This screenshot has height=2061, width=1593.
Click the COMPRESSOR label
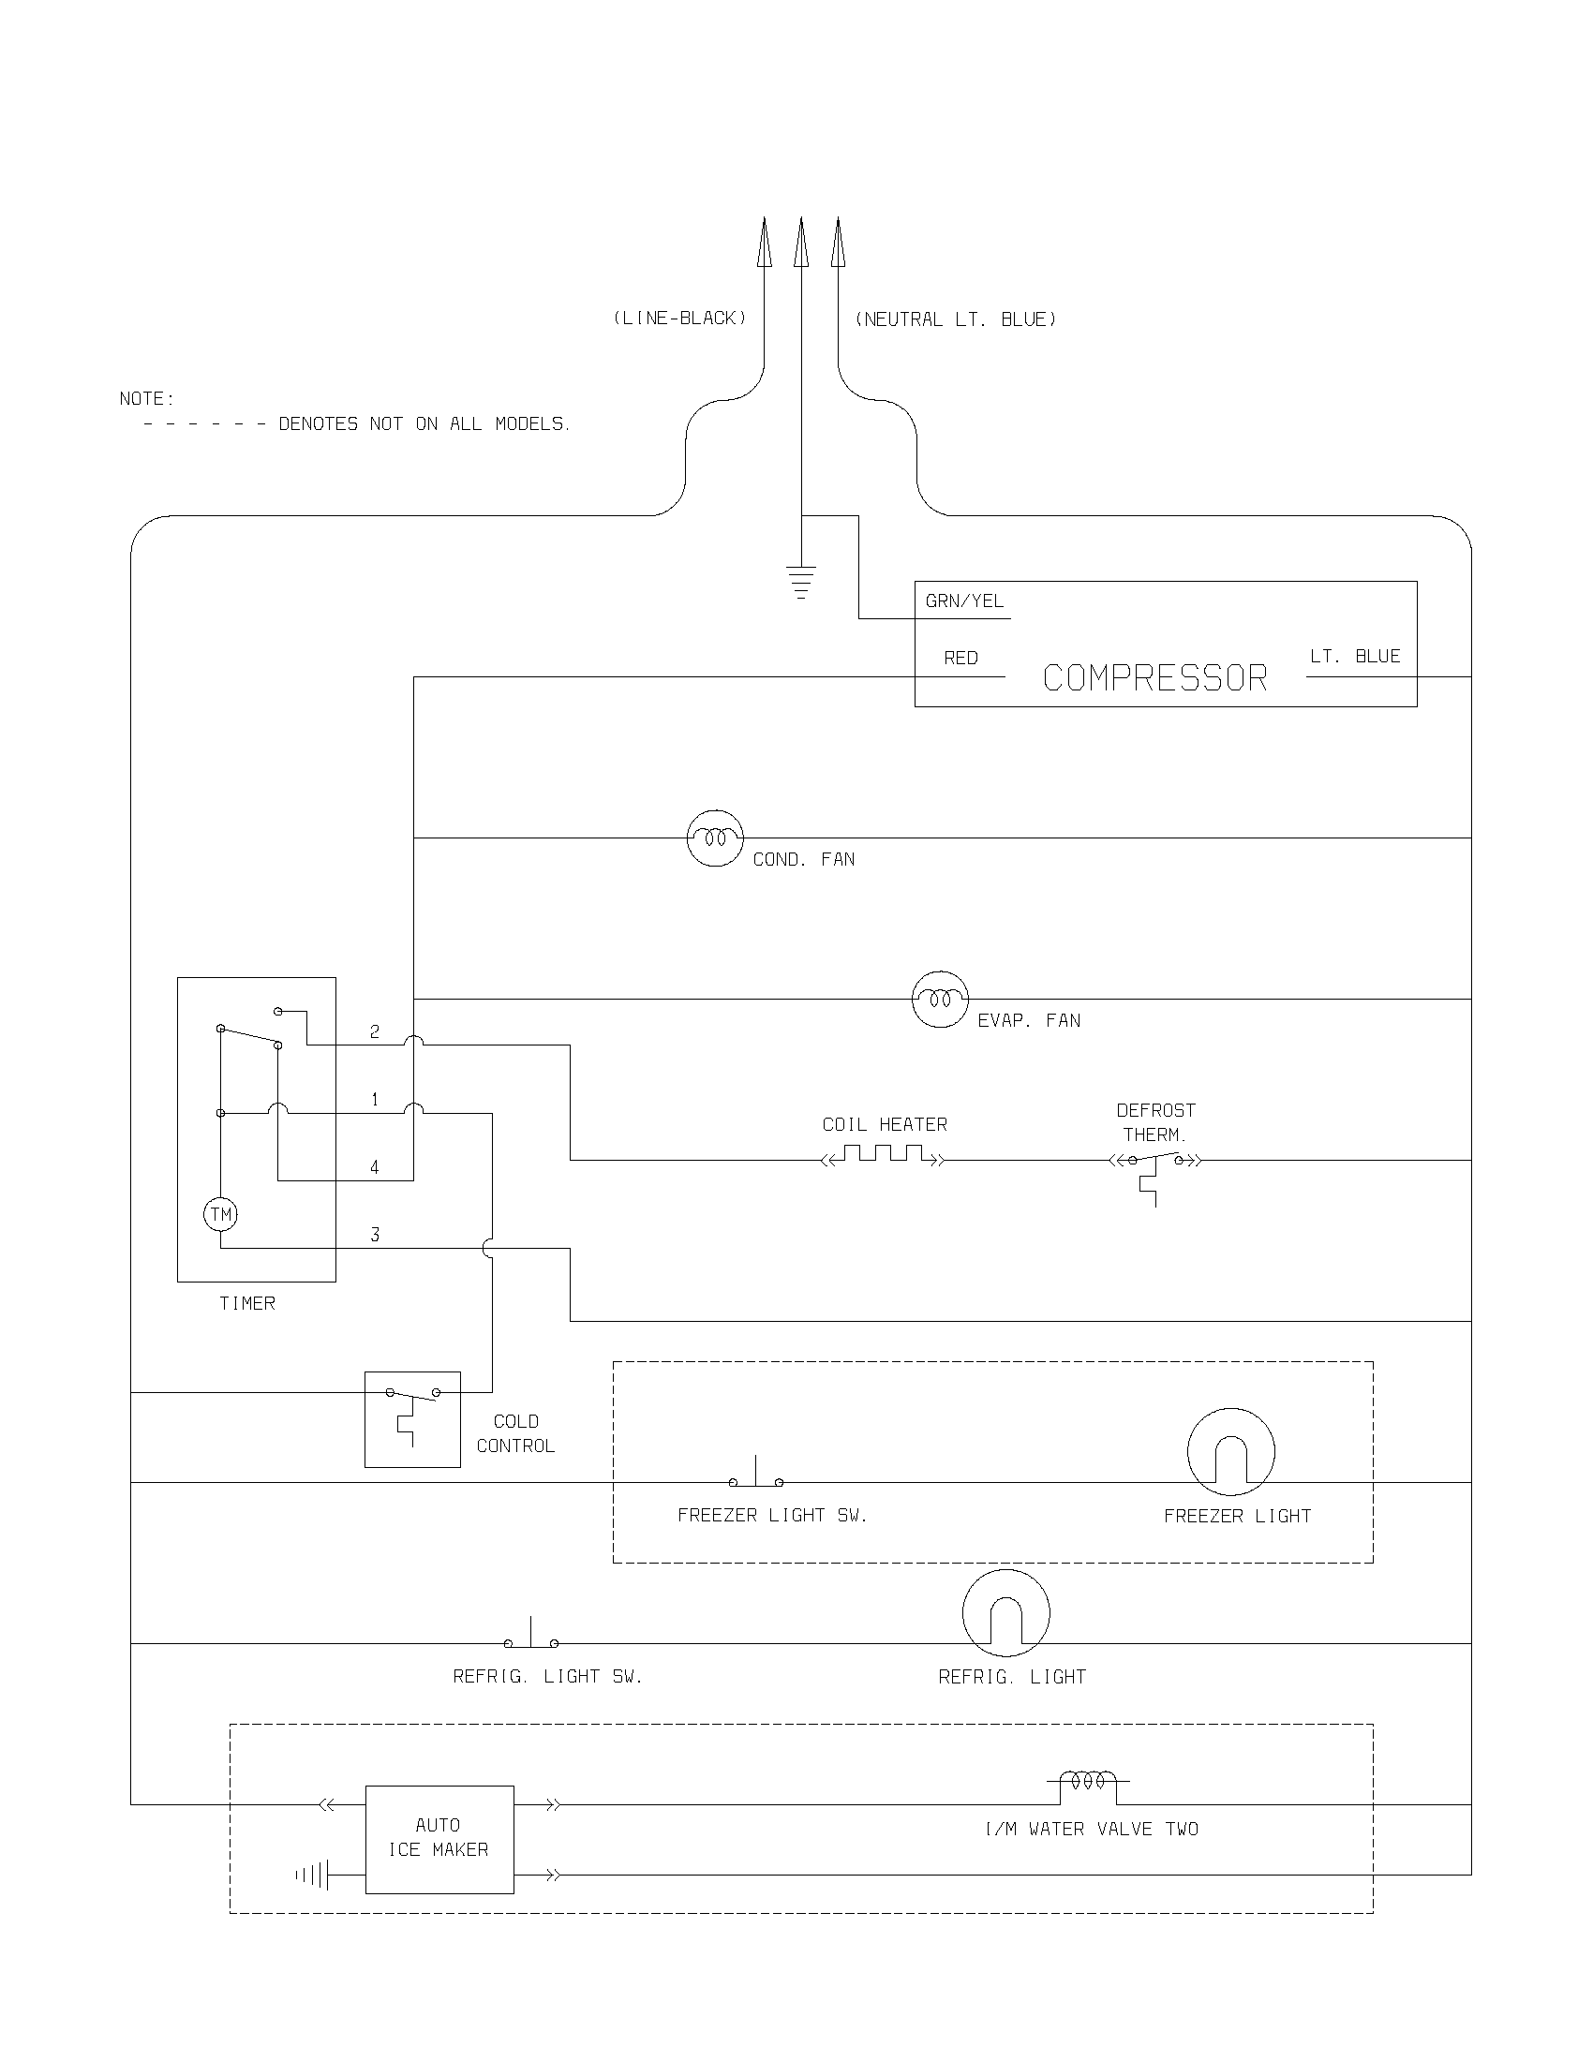point(1154,678)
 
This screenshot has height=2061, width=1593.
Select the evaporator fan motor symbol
point(940,999)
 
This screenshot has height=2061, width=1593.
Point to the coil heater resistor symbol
point(884,1156)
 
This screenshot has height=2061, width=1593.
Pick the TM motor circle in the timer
point(220,1213)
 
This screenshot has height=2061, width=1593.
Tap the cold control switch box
point(412,1418)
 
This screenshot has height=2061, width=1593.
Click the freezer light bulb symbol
point(1230,1452)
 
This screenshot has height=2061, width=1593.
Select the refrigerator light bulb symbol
point(1006,1614)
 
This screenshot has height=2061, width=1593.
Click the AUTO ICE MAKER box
point(439,1838)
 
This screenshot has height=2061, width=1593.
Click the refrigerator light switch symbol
point(531,1638)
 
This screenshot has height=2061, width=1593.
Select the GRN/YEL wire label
point(964,601)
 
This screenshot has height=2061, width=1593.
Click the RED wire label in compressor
point(960,659)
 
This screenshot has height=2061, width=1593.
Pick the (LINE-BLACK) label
point(679,319)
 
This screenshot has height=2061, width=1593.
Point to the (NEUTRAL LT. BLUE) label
point(955,319)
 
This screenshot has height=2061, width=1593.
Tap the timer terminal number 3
point(375,1236)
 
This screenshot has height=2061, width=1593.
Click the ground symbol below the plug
point(801,581)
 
